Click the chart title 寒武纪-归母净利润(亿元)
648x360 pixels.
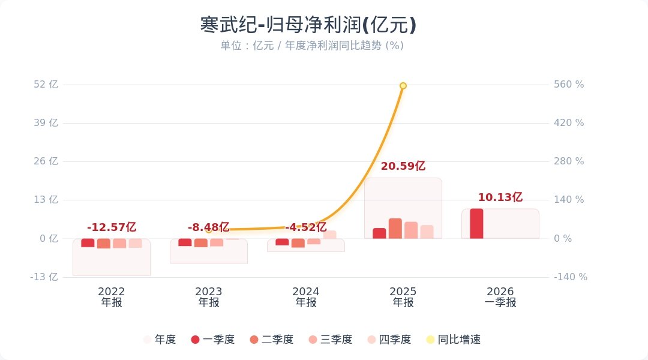(308, 25)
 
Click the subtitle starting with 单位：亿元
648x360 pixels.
(311, 46)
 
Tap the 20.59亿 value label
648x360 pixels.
(403, 167)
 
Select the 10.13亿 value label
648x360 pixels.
(500, 197)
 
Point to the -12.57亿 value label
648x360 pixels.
(112, 227)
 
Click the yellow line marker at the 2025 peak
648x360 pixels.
(403, 86)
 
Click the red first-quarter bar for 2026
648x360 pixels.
(476, 224)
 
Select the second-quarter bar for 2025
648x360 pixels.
(395, 229)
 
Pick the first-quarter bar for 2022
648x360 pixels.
(88, 243)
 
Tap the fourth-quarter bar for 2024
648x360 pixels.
(330, 235)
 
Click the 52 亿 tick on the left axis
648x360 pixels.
(46, 85)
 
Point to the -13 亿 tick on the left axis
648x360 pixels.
(45, 277)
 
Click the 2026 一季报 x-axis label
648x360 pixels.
(500, 297)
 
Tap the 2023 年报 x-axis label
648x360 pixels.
(209, 297)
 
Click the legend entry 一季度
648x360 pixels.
(212, 340)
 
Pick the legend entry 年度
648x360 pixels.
(160, 340)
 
